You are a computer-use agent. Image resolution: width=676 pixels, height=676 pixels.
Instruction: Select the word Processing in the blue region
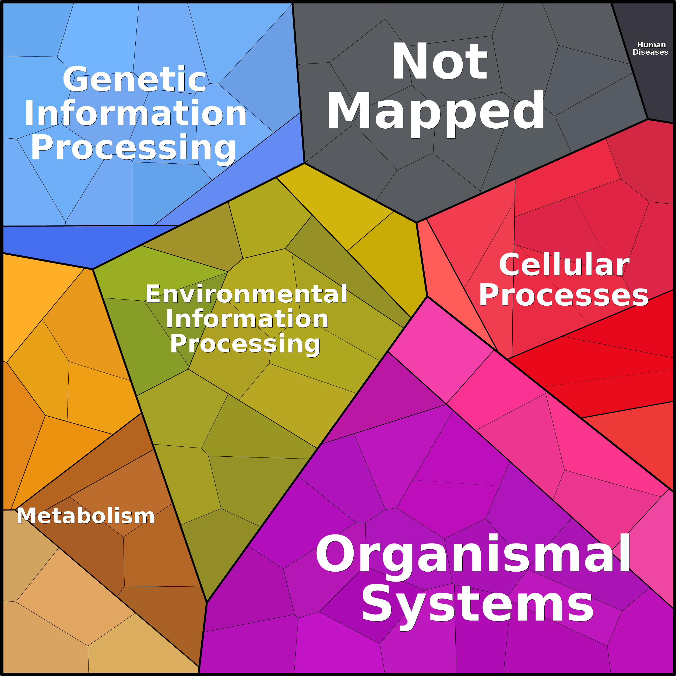click(133, 148)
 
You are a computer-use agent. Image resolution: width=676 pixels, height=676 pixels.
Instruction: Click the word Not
click(439, 62)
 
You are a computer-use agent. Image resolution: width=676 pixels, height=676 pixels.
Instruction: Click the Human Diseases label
click(650, 49)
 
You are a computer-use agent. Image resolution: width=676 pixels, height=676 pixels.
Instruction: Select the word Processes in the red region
click(563, 296)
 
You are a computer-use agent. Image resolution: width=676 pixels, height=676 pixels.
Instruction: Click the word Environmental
click(246, 294)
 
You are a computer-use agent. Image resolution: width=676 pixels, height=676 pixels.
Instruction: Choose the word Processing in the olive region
click(245, 344)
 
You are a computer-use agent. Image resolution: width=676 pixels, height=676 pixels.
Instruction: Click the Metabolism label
click(86, 516)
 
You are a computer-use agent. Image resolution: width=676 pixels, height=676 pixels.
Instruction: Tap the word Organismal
click(473, 555)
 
